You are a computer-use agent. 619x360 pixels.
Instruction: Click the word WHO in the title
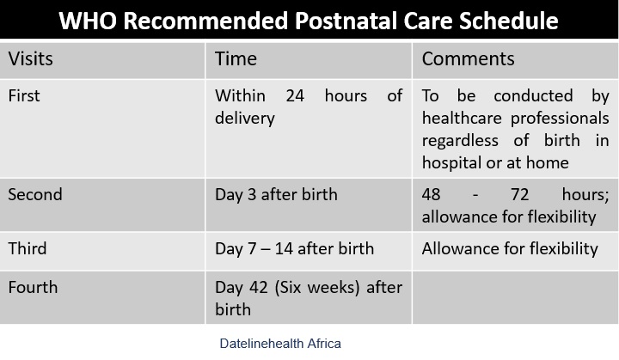tap(88, 21)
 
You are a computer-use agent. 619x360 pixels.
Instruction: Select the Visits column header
tap(30, 58)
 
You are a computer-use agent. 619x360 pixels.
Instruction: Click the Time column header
tap(236, 58)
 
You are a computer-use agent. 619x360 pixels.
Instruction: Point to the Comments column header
tap(468, 58)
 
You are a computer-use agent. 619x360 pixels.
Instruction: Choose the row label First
tap(24, 95)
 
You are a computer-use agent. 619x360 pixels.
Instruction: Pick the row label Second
tap(35, 194)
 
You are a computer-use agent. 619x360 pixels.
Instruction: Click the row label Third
tap(28, 248)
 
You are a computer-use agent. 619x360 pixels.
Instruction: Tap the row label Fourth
tap(33, 287)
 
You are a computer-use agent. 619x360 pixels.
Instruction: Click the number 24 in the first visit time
tap(295, 95)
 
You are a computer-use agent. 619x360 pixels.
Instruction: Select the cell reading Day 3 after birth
tap(276, 194)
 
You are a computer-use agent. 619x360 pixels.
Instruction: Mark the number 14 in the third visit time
tap(284, 248)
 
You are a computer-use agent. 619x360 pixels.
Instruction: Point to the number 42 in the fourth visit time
tap(259, 287)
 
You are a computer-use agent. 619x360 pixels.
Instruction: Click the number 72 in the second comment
tap(519, 194)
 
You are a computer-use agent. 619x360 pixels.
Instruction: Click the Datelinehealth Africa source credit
tap(280, 344)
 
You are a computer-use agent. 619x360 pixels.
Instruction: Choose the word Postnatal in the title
tap(346, 21)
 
